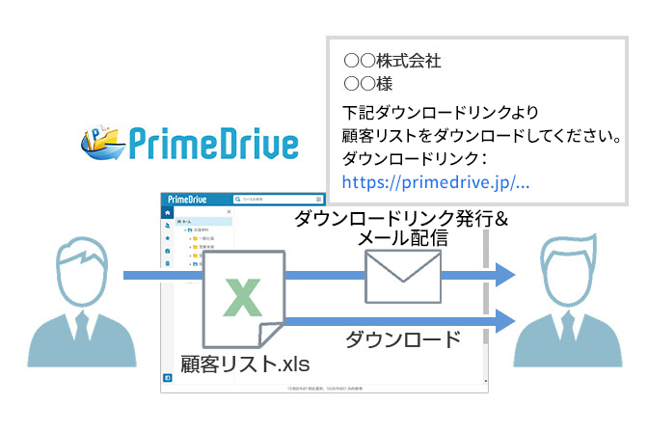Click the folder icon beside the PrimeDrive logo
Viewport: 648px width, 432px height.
(102, 140)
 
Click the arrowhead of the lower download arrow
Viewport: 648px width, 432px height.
(504, 318)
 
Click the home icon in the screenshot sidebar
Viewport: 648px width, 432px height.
(168, 212)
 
